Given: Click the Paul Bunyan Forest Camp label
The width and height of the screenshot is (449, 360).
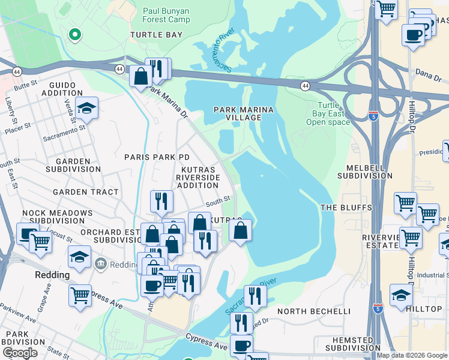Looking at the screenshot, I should point(166,15).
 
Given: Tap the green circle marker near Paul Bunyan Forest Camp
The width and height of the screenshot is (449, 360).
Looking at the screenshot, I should point(75,35).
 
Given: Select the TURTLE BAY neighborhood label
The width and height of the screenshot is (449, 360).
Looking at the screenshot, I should point(156,35).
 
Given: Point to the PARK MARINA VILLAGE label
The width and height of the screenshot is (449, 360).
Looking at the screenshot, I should point(244,113).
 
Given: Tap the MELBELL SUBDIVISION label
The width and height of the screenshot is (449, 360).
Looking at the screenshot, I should point(364,171).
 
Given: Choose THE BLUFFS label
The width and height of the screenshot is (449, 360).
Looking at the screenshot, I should point(346,208).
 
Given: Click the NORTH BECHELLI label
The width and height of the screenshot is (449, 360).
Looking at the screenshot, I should point(314,311).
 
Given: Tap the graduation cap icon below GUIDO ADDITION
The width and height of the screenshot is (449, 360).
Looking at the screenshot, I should point(86,109).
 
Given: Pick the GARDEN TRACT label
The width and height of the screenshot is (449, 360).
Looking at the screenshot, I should point(85,192).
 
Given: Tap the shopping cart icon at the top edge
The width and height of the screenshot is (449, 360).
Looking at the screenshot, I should point(386,8).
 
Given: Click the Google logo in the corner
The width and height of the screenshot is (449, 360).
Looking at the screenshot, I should point(19,353).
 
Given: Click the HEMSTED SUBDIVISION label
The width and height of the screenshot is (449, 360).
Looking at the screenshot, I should point(348,344).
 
